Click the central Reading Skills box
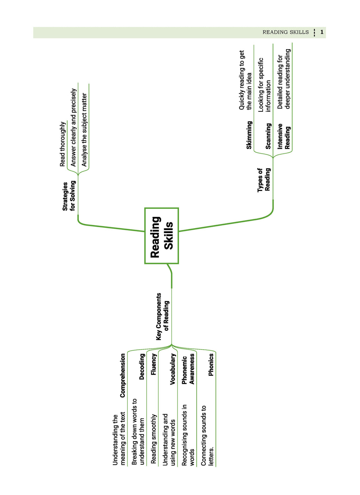[161, 236]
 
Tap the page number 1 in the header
[322, 32]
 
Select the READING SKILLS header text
[285, 32]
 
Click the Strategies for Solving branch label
[69, 196]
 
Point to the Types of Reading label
[264, 180]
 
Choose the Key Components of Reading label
[162, 316]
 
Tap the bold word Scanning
[268, 136]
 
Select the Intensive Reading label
[284, 136]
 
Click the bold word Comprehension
[122, 375]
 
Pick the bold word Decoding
[142, 367]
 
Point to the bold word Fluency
[154, 364]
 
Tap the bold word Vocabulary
[173, 369]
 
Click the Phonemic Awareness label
[188, 369]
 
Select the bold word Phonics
[211, 365]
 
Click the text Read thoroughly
[63, 144]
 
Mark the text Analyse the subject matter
[84, 130]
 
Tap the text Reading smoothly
[154, 439]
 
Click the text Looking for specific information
[264, 85]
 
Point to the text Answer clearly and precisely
[73, 128]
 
